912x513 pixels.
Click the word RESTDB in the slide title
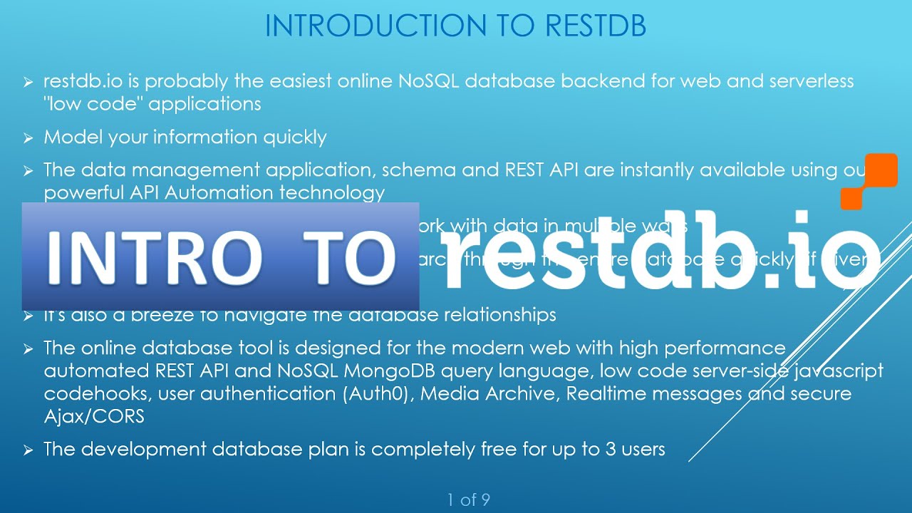pyautogui.click(x=595, y=25)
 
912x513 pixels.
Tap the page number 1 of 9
pyautogui.click(x=468, y=500)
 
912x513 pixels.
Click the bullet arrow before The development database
pyautogui.click(x=28, y=450)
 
